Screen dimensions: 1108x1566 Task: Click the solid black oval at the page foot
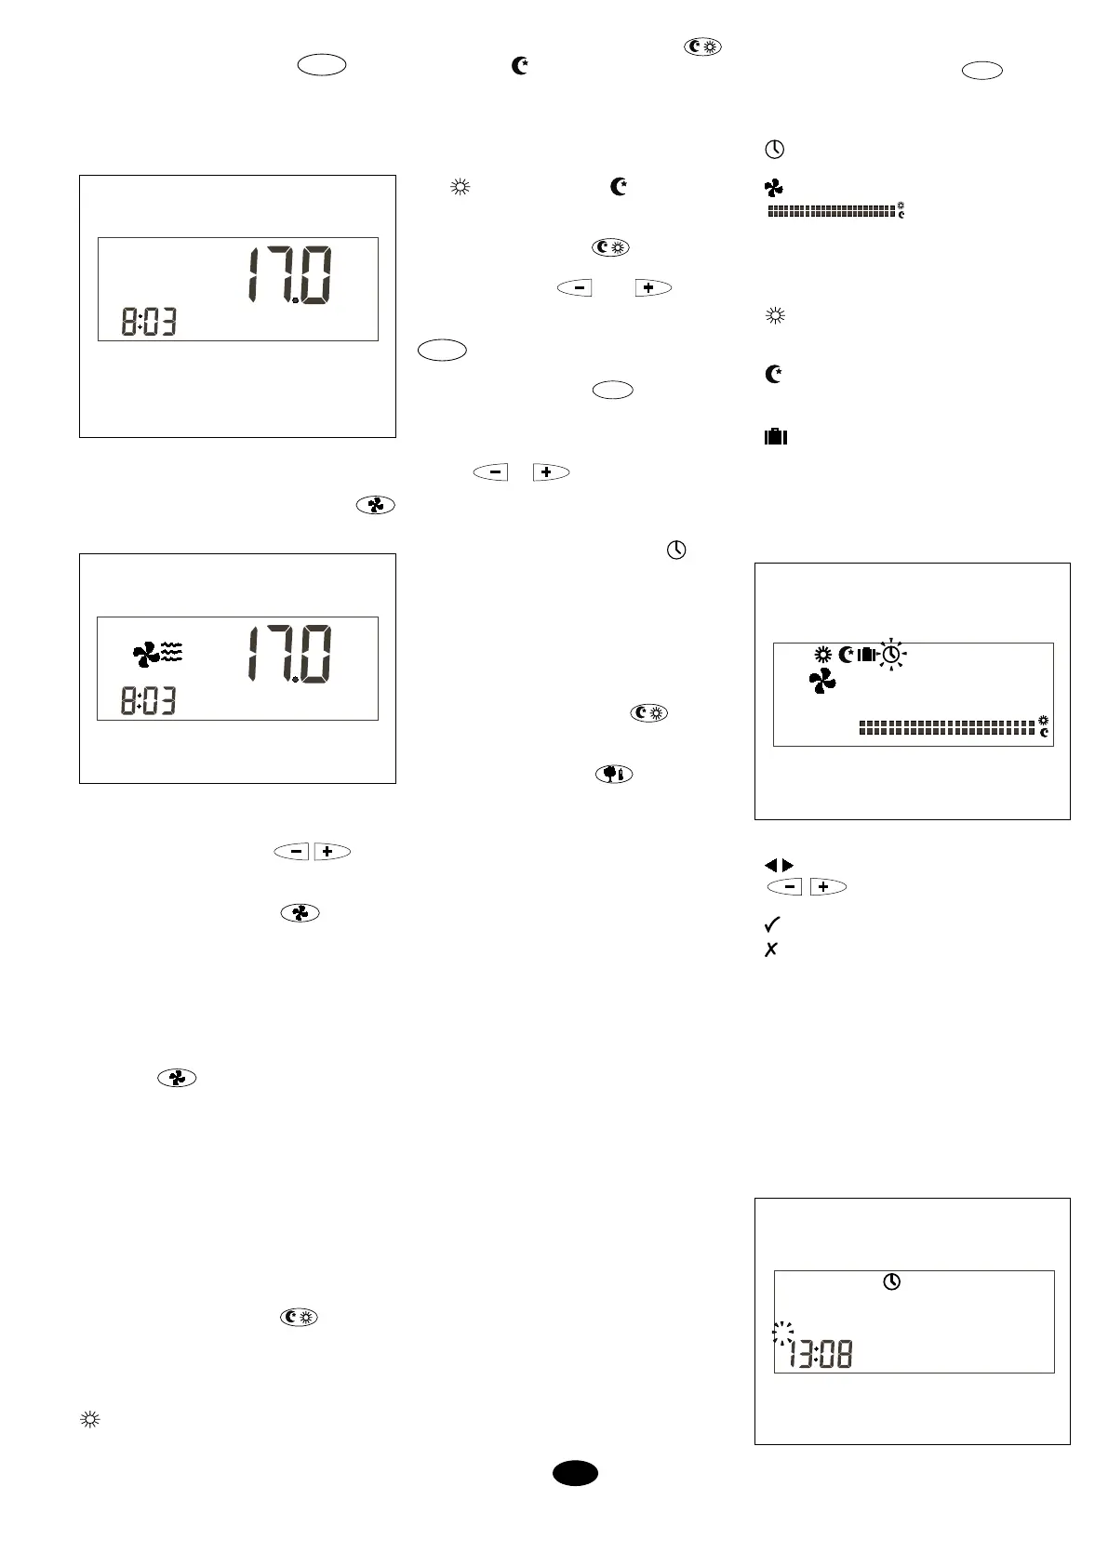coord(575,1473)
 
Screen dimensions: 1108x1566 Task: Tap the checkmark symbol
coord(771,924)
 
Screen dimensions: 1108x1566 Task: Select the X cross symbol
coord(770,949)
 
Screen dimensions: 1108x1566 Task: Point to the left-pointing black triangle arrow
coord(770,866)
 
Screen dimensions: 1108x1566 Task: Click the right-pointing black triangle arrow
coord(788,866)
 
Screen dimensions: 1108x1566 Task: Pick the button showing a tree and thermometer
coord(613,774)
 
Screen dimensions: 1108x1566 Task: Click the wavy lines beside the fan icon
coord(172,652)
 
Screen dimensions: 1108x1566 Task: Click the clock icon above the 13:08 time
coord(891,1282)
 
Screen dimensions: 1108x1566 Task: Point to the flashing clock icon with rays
coord(891,656)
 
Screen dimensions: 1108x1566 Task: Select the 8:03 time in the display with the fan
coord(149,702)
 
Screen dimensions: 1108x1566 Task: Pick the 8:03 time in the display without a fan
coord(149,323)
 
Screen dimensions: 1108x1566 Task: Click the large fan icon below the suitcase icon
coord(821,683)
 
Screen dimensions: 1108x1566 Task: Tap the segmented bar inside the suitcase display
coord(947,727)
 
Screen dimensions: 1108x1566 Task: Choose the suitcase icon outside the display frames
coord(775,436)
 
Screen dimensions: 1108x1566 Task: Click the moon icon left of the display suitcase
coord(846,655)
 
